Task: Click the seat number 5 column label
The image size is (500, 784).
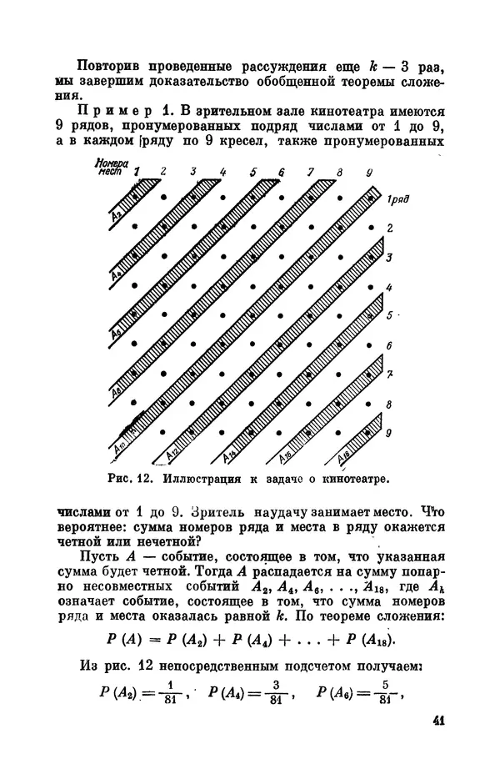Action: tap(252, 172)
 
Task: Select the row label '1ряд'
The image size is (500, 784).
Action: tap(396, 199)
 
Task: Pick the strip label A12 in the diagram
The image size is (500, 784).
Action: tap(171, 454)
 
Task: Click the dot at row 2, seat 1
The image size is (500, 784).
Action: tap(137, 226)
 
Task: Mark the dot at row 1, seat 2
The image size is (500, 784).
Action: tap(165, 197)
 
